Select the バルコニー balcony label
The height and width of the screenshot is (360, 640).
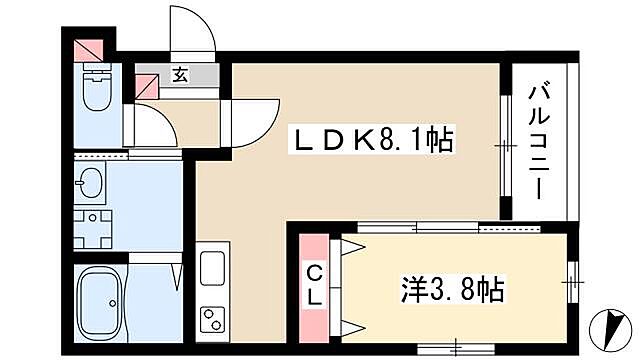[537, 140]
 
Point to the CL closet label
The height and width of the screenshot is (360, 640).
[314, 284]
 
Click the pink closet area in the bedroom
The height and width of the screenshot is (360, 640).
[314, 285]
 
